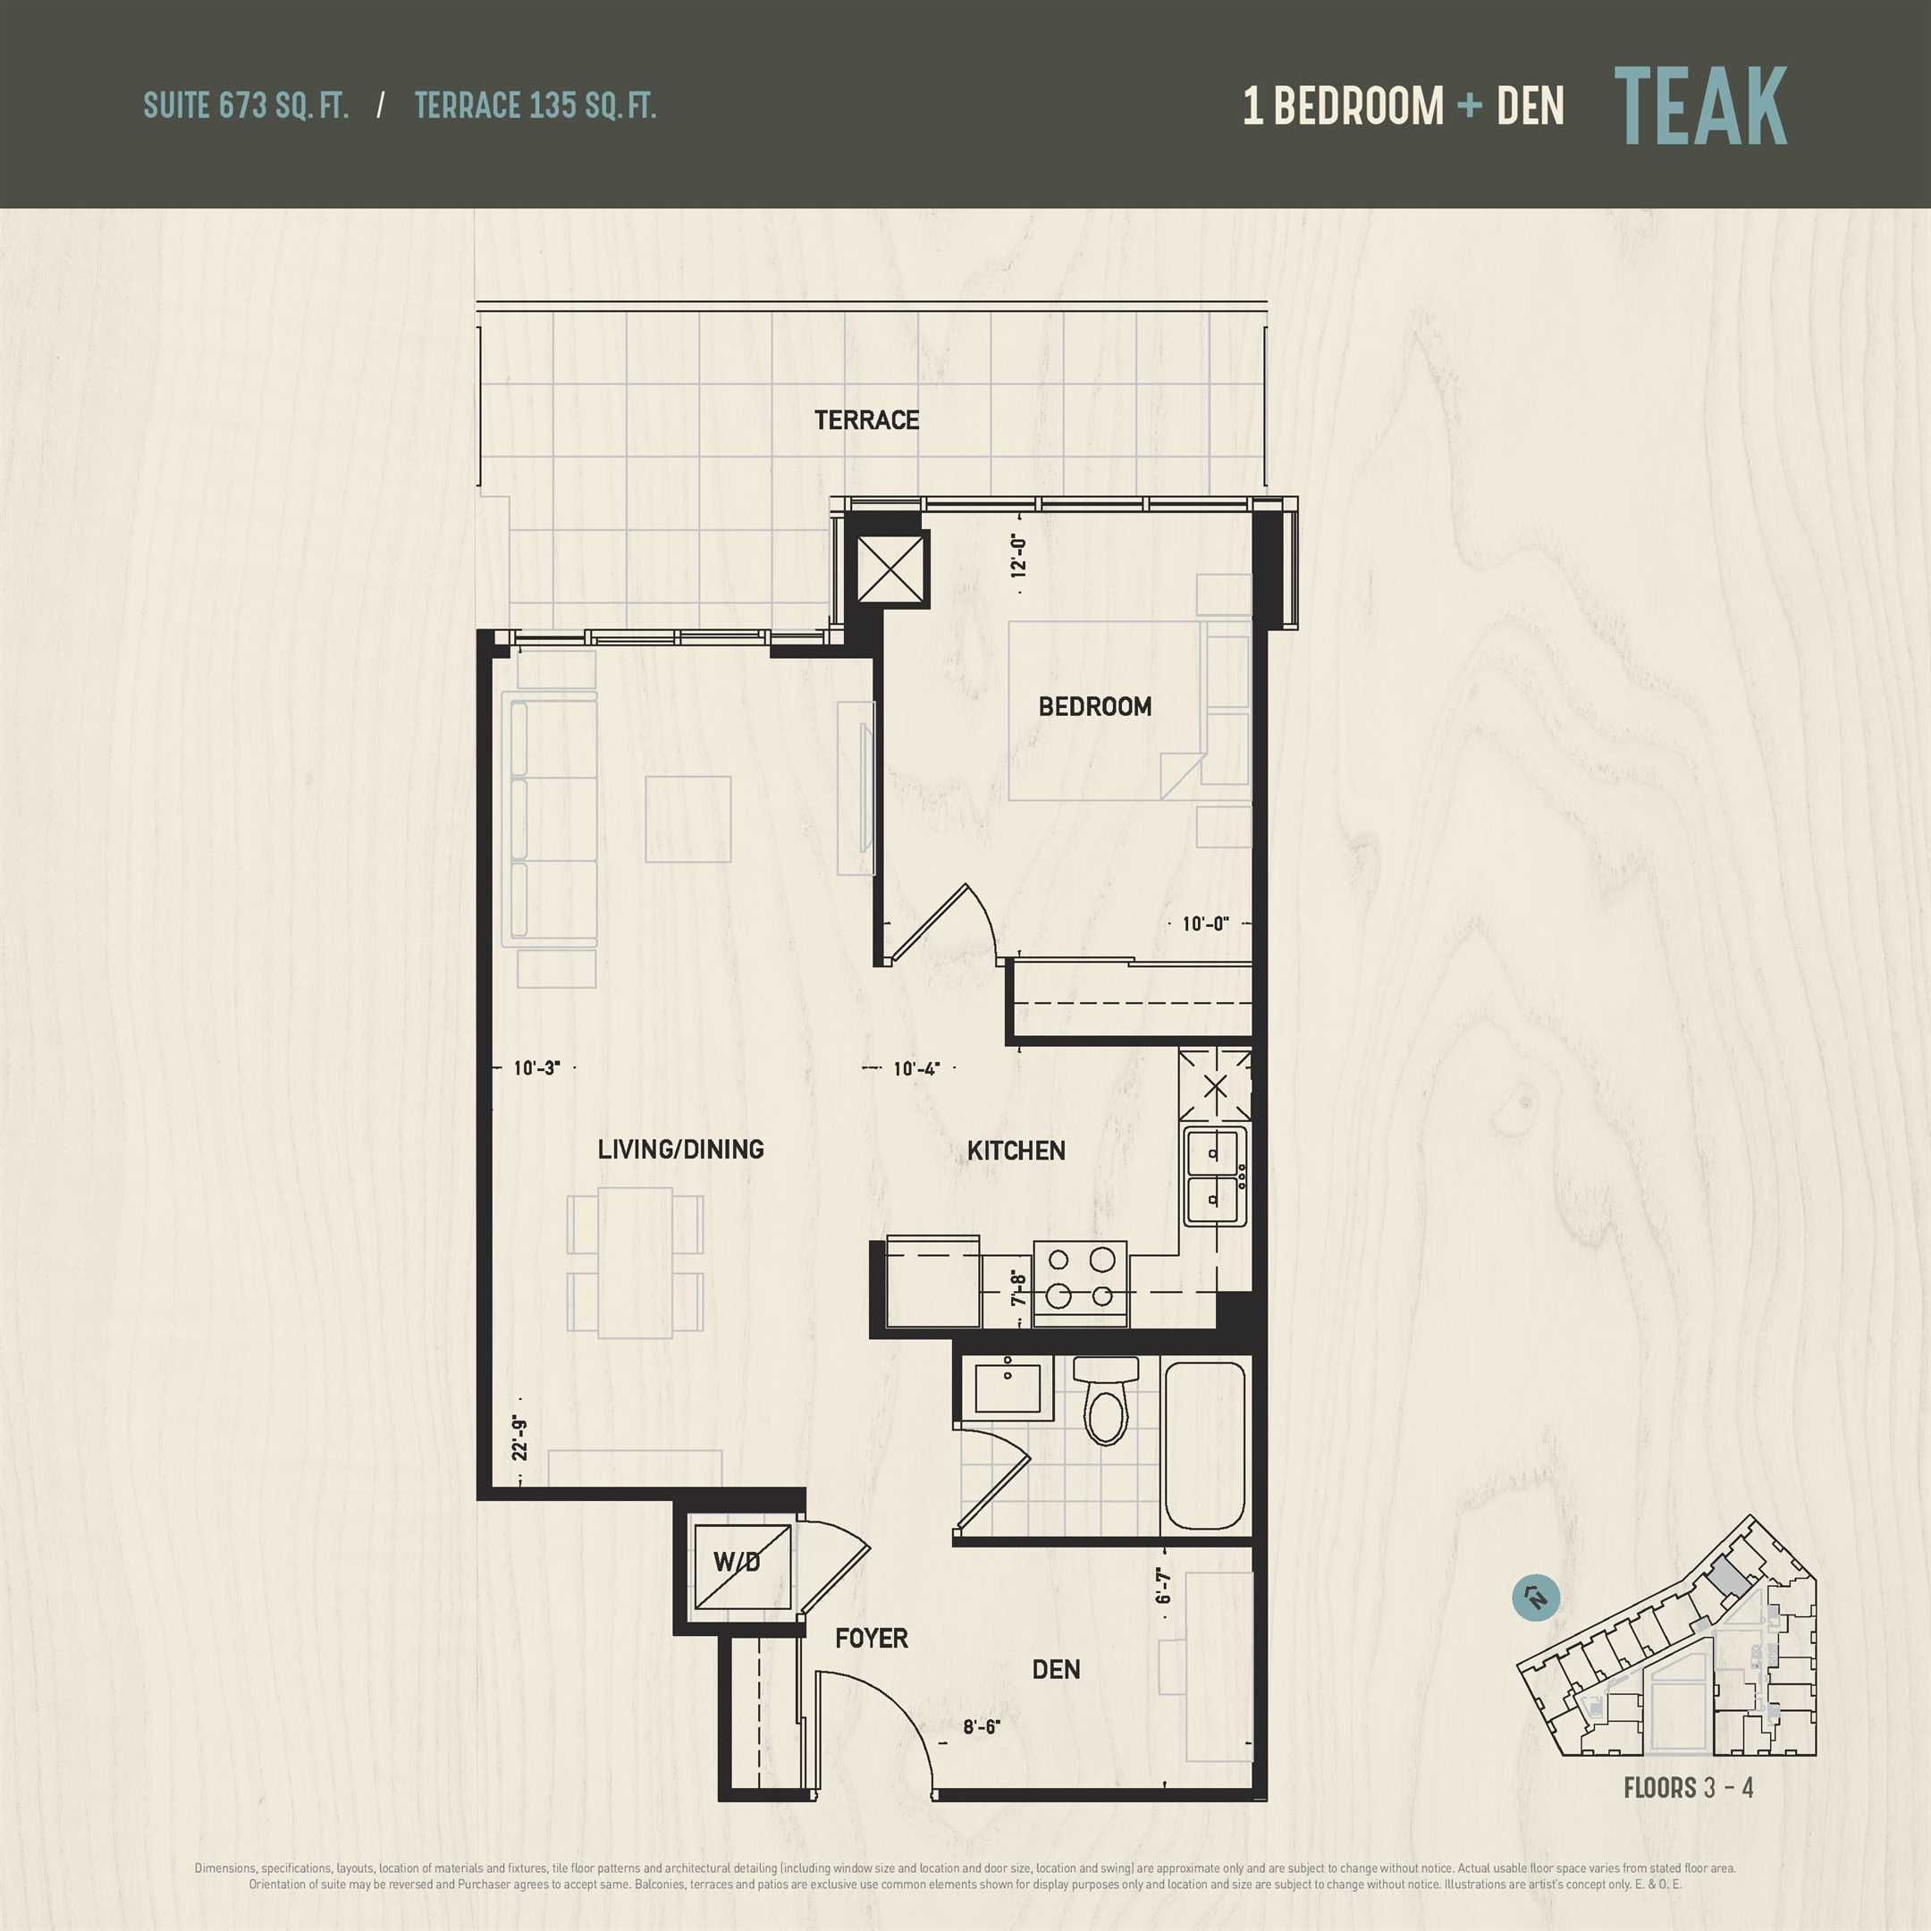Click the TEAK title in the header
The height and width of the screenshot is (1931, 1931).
pos(1700,106)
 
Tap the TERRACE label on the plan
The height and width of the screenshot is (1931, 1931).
pos(866,420)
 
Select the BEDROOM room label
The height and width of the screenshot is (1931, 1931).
pos(1094,706)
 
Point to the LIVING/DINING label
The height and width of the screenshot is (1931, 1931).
pos(680,1150)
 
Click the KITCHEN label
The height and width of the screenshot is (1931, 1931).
pos(1016,1151)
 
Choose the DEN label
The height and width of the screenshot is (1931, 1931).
pos(1056,1669)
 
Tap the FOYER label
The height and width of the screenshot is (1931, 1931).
pos(872,1638)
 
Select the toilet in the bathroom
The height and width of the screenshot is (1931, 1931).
pos(1106,1400)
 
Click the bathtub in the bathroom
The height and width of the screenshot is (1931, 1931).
pos(1204,1446)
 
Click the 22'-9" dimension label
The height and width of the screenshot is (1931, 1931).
pos(519,1438)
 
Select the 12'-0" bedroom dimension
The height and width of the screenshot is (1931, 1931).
pos(1018,556)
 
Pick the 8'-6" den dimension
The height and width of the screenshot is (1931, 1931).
pos(982,1727)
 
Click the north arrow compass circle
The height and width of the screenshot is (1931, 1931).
pos(1536,1599)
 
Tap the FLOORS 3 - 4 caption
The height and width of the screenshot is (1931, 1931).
pos(1688,1788)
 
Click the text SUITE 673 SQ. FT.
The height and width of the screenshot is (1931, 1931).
pos(246,106)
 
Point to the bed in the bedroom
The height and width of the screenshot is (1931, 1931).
pos(1104,711)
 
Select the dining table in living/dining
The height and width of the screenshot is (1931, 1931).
pos(636,1262)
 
